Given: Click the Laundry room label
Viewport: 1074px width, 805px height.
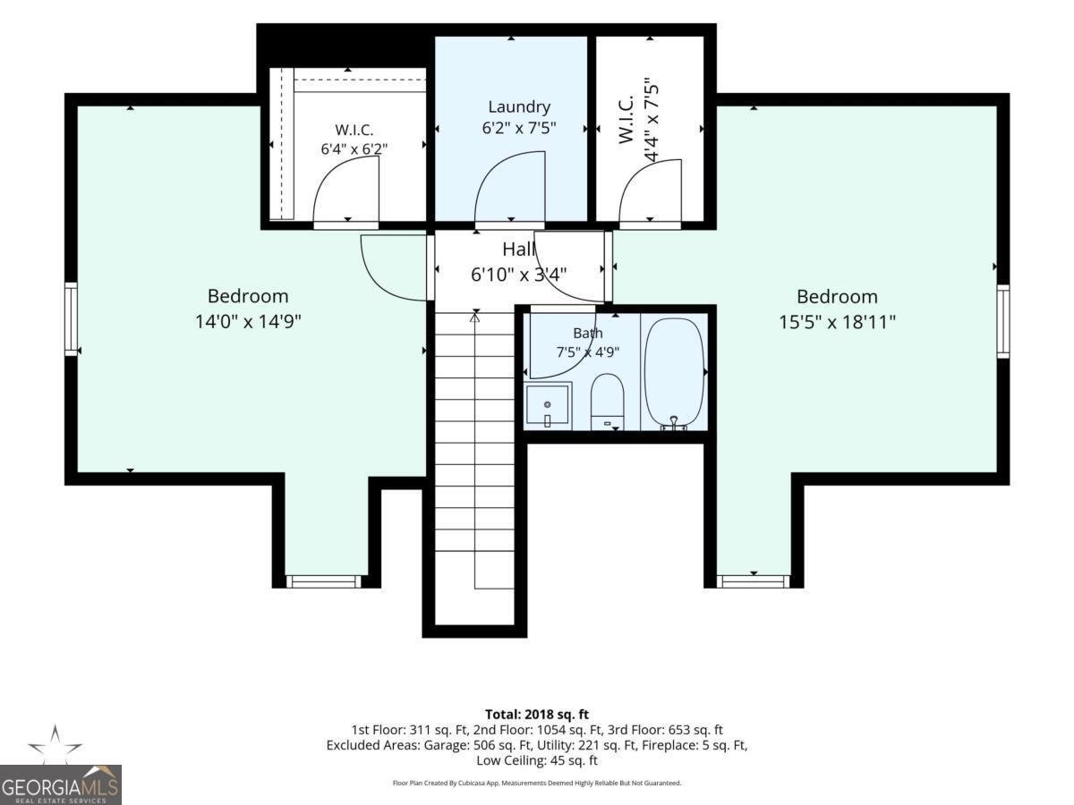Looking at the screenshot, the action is [x=519, y=106].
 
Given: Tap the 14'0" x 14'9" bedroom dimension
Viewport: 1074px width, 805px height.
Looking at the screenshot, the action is [x=248, y=322].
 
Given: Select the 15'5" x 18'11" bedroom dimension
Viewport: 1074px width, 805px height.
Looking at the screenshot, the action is [x=837, y=322].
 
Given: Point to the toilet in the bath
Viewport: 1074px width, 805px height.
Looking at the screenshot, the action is [x=607, y=402].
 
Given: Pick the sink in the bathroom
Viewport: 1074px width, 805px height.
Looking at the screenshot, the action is [x=548, y=406].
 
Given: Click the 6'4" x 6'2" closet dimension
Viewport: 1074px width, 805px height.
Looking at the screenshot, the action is [x=354, y=148].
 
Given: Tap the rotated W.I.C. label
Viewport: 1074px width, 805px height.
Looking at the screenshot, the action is [x=626, y=120].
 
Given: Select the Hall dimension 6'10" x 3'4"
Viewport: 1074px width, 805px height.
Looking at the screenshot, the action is [x=518, y=275].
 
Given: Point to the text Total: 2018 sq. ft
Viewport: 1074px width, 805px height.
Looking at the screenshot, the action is [x=537, y=715].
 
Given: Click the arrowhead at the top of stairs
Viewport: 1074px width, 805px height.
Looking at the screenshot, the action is [x=474, y=318].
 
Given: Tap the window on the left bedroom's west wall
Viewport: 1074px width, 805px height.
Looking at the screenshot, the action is [x=72, y=319].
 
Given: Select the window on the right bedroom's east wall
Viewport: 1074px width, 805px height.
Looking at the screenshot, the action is [x=1003, y=321].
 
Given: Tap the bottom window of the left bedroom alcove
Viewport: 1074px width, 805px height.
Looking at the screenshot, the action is [x=323, y=581].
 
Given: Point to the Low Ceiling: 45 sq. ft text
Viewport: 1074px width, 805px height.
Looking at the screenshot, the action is [x=537, y=760].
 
